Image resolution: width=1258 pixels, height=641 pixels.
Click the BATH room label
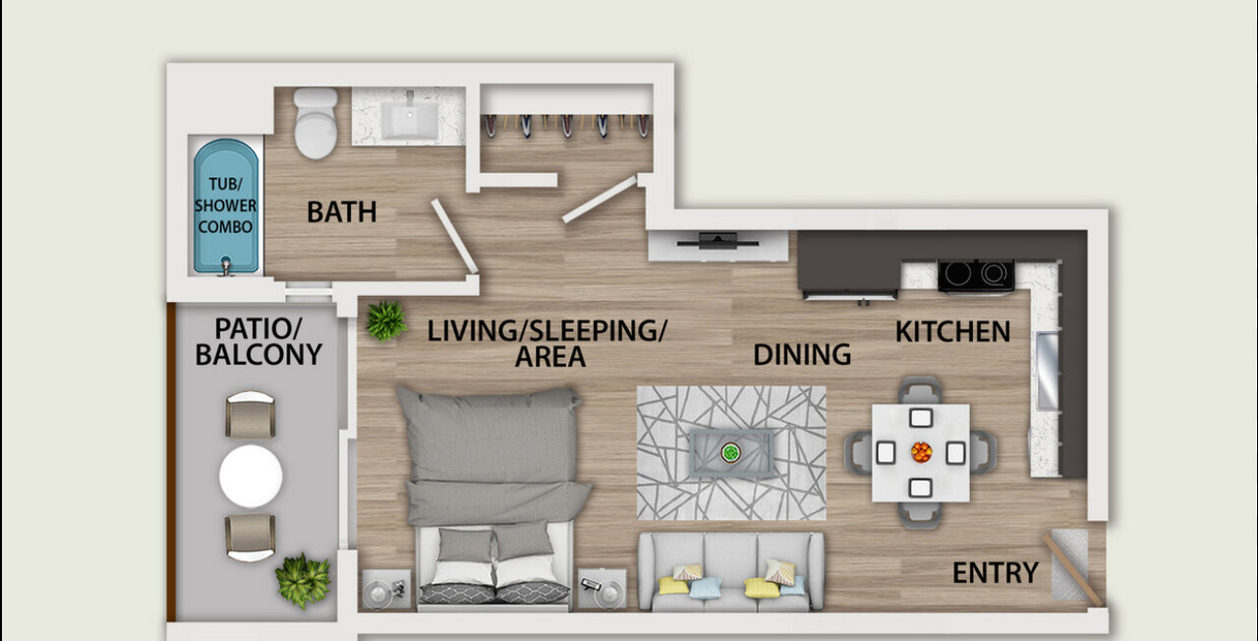[341, 212]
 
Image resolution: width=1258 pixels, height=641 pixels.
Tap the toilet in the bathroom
[315, 123]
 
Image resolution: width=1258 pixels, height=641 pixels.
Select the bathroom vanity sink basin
[410, 120]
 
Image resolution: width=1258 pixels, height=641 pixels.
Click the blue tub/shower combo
[226, 206]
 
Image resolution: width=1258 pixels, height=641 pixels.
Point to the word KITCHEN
[952, 331]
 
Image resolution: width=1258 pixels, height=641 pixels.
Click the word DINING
[802, 355]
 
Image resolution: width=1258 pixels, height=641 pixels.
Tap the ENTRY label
[996, 573]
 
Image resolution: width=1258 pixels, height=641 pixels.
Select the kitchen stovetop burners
[976, 274]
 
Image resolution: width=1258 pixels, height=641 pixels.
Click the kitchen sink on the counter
[1048, 371]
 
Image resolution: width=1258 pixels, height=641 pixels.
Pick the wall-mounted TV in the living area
[717, 242]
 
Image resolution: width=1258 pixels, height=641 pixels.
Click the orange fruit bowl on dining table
[921, 452]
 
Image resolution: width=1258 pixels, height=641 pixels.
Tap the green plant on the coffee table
[730, 452]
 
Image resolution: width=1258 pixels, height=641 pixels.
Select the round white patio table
[251, 477]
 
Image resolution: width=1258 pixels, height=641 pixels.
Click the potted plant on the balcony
[303, 580]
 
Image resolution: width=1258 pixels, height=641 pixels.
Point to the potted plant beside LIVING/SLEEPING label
[386, 320]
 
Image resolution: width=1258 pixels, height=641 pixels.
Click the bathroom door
[454, 237]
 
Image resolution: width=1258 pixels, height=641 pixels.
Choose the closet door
[600, 200]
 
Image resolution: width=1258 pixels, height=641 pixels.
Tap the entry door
[1073, 570]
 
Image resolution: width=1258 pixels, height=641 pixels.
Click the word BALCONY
[258, 355]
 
